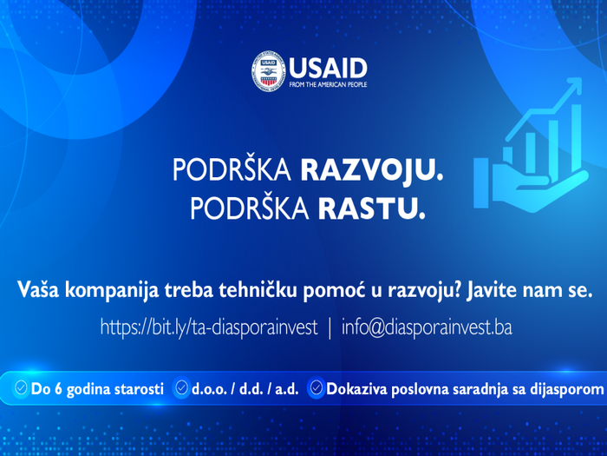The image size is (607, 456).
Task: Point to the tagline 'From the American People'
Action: pos(327,85)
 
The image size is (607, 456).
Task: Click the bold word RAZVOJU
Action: pos(371,170)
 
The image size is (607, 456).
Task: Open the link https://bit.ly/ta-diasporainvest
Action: pos(209,328)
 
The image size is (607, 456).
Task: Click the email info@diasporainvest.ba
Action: pos(428,328)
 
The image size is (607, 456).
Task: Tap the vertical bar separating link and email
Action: pos(329,328)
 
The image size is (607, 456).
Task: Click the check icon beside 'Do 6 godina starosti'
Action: pos(21,389)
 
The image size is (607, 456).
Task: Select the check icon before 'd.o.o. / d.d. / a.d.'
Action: pos(181,389)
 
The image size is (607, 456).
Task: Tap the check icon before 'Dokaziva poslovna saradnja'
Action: pos(317,389)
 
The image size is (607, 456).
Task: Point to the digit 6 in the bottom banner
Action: pos(58,390)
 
